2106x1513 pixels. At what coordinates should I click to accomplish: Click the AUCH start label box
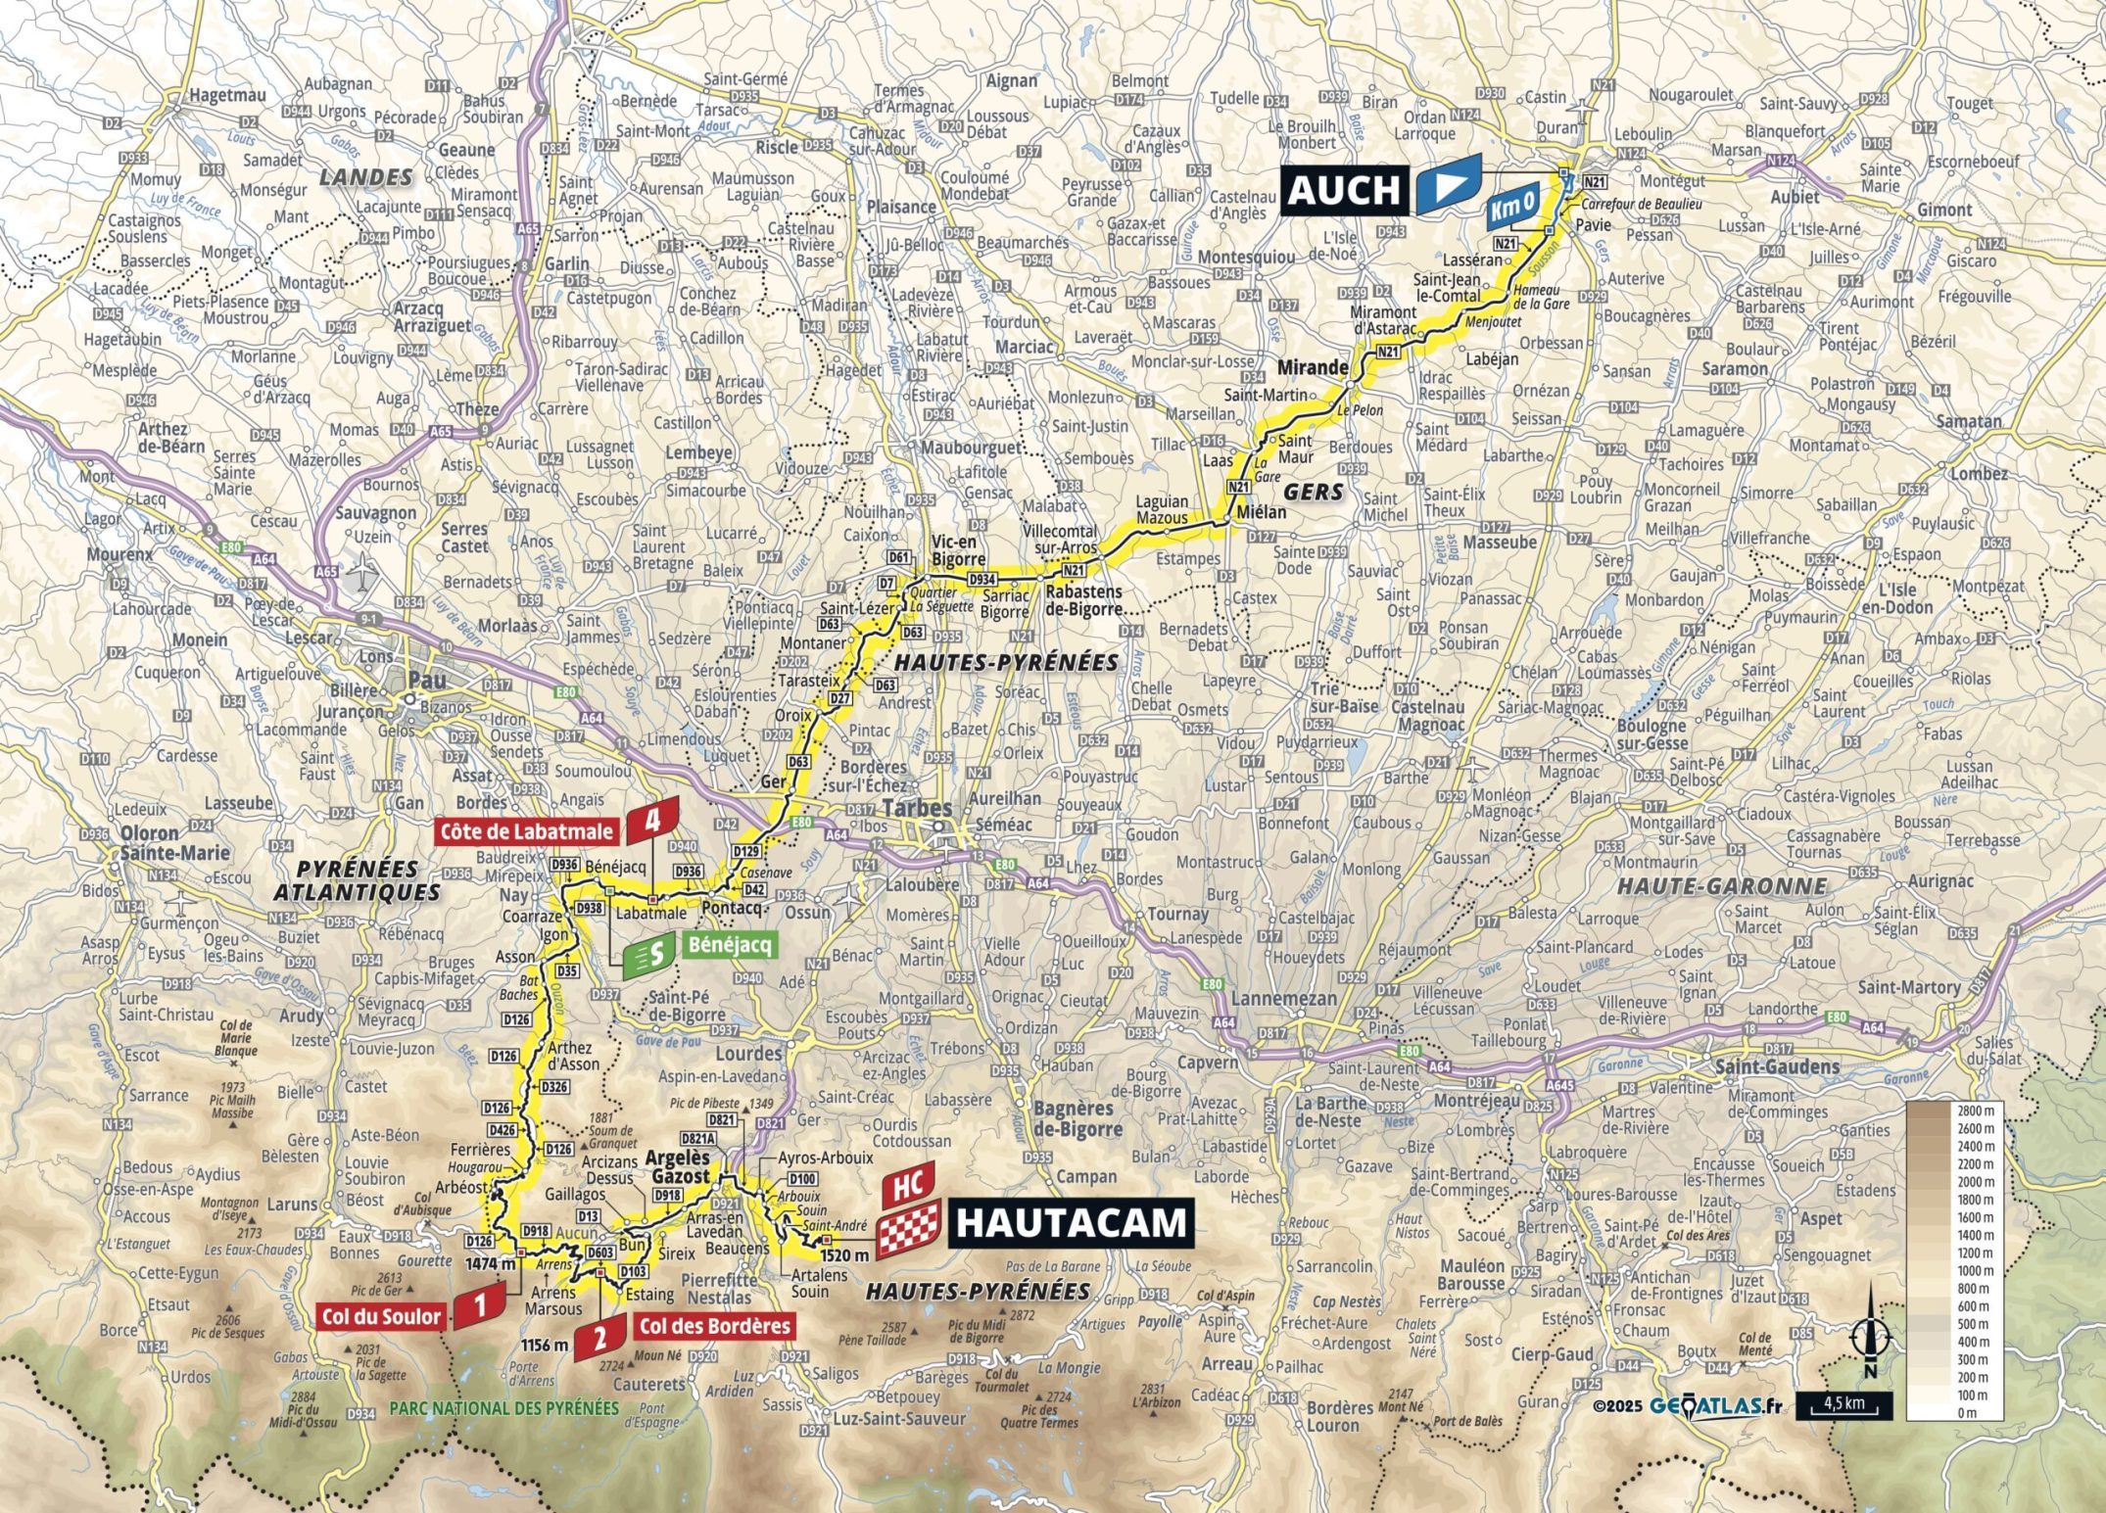pyautogui.click(x=1343, y=190)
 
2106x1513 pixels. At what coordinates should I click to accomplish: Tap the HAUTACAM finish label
pyautogui.click(x=1071, y=1223)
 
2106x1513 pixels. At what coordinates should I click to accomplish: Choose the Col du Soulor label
pyautogui.click(x=381, y=1317)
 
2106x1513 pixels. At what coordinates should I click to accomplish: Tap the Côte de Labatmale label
pyautogui.click(x=527, y=832)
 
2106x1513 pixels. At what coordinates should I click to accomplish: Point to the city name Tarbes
pyautogui.click(x=917, y=809)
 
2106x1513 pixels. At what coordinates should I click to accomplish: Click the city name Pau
pyautogui.click(x=426, y=680)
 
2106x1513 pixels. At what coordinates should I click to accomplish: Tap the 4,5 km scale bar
pyautogui.click(x=1843, y=1404)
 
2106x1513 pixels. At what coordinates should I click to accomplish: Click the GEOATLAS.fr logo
pyautogui.click(x=1714, y=1405)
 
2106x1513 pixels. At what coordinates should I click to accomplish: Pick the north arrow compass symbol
pyautogui.click(x=1871, y=1337)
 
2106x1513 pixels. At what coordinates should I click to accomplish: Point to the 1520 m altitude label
pyautogui.click(x=844, y=1255)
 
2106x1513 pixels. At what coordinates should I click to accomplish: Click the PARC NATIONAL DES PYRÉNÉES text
pyautogui.click(x=504, y=1408)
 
